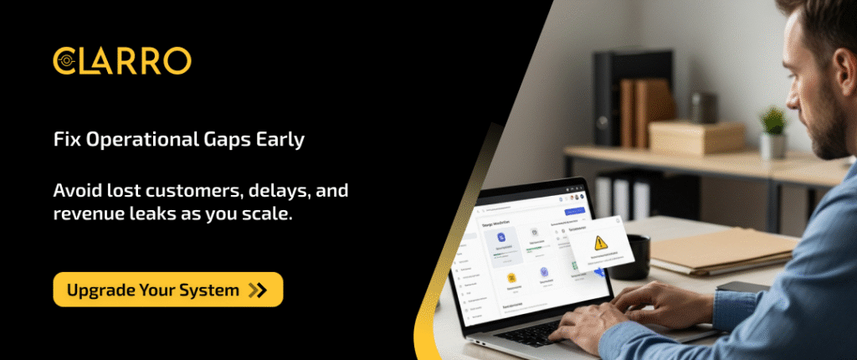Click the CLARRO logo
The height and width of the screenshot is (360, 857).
point(122,60)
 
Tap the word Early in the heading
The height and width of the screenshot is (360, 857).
point(281,140)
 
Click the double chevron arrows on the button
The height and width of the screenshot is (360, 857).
point(258,291)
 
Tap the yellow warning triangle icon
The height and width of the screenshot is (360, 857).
point(600,243)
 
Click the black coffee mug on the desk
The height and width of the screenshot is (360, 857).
point(637,255)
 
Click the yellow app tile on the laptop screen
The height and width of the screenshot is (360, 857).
point(507,275)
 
